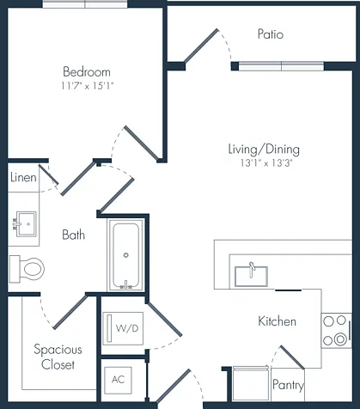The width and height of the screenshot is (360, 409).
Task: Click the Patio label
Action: click(271, 34)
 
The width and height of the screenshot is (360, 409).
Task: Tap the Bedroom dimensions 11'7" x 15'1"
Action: click(88, 86)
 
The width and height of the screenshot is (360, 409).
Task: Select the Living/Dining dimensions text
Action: click(266, 163)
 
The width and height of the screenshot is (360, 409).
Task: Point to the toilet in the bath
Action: click(27, 269)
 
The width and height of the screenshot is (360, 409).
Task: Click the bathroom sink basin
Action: click(26, 224)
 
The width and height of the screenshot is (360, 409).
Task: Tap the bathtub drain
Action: click(125, 255)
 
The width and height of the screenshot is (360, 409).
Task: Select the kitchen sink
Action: click(251, 276)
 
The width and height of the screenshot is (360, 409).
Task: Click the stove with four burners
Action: click(337, 331)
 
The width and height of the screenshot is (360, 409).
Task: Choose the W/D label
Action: click(127, 328)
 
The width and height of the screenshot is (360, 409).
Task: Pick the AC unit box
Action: click(118, 380)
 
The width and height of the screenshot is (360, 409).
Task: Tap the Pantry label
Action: click(288, 385)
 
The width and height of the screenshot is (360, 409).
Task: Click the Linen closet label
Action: click(23, 178)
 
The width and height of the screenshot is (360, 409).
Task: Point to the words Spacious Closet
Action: click(58, 357)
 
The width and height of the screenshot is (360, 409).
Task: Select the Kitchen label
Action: click(277, 321)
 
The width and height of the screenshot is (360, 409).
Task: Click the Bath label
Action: click(74, 235)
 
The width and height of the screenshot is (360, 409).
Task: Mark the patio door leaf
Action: click(201, 46)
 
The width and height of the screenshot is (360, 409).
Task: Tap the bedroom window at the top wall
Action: click(85, 4)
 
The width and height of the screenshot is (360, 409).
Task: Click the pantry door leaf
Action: click(292, 357)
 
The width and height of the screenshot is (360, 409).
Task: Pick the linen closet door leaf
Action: click(49, 174)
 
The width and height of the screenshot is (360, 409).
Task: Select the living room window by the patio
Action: click(282, 66)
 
